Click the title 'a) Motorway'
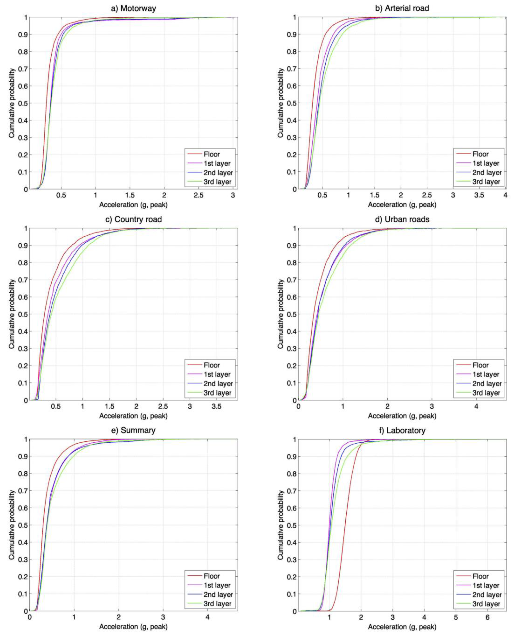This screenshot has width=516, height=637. tap(133, 8)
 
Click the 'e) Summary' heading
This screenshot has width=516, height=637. tap(133, 430)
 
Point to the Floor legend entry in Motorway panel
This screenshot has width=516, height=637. tap(212, 154)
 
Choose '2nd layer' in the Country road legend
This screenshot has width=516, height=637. tap(218, 384)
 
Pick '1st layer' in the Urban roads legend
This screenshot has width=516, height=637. tap(486, 374)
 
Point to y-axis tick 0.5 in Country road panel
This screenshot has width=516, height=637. tap(23, 314)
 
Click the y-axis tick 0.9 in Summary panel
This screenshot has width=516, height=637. tap(23, 456)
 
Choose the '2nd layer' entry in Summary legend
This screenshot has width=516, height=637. tap(218, 595)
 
